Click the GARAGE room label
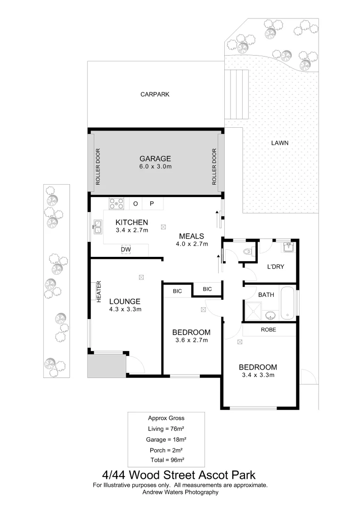pos(155,159)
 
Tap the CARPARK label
pos(155,94)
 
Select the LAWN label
pos(279,143)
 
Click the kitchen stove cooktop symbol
pos(116,204)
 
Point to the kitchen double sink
pos(97,228)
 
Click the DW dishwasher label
pos(126,249)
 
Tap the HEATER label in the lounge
pos(99,292)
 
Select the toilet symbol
pos(247,251)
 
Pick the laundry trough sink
pos(288,247)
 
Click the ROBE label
pos(268,330)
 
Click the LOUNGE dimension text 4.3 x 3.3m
pos(125,310)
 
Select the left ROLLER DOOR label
pos(98,167)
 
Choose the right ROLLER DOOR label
pos(214,167)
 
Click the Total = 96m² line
pos(166,460)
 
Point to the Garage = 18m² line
pos(166,439)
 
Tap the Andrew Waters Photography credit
pos(180,492)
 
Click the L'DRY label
pos(275,267)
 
